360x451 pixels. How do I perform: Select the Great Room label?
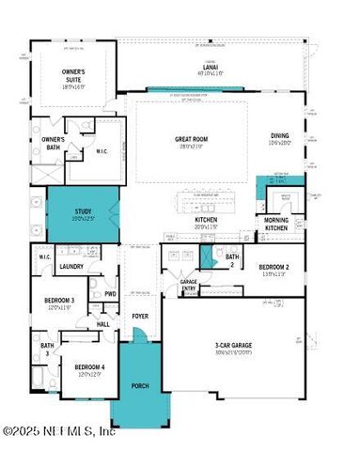(x=190, y=140)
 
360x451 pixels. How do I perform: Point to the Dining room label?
(x=281, y=136)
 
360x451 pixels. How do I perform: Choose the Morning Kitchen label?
(x=275, y=224)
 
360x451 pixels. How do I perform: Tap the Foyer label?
(x=139, y=317)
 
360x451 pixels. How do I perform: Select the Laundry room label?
(x=72, y=267)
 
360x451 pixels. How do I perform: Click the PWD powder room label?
(x=110, y=293)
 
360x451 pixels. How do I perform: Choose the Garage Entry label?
(x=189, y=286)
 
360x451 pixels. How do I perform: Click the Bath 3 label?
(x=46, y=349)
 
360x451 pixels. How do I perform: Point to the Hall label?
(x=103, y=324)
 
